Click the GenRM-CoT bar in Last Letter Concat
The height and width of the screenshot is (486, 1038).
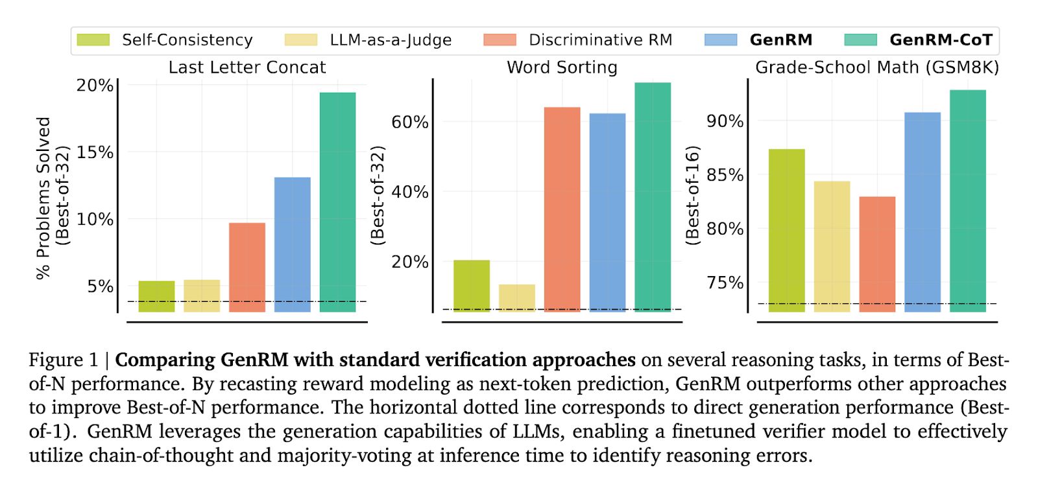(337, 202)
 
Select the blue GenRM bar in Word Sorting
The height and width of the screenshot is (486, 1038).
(607, 212)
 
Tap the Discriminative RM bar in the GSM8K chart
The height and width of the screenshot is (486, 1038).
(877, 254)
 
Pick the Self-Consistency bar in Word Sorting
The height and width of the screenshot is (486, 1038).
(472, 285)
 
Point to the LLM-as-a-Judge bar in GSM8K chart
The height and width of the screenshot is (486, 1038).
(832, 246)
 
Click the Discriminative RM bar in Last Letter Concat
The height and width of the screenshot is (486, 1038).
(247, 267)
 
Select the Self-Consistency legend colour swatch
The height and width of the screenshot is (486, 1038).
(93, 40)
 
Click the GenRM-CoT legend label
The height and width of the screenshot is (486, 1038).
(941, 40)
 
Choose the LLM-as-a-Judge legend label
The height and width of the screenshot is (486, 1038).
(391, 40)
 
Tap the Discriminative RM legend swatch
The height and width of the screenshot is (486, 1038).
(500, 40)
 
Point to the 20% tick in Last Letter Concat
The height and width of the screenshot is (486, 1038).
(95, 86)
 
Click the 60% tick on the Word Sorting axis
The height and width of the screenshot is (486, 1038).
(409, 122)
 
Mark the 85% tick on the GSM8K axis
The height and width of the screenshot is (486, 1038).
(725, 175)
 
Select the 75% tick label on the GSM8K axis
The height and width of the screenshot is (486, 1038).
(725, 283)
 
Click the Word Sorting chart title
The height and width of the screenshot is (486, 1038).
(562, 67)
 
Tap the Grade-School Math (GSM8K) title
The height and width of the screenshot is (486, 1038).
(876, 67)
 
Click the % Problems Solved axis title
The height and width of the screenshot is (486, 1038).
(43, 198)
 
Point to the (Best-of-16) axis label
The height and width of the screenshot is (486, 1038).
(692, 195)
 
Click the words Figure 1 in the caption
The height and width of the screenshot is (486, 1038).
(63, 360)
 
